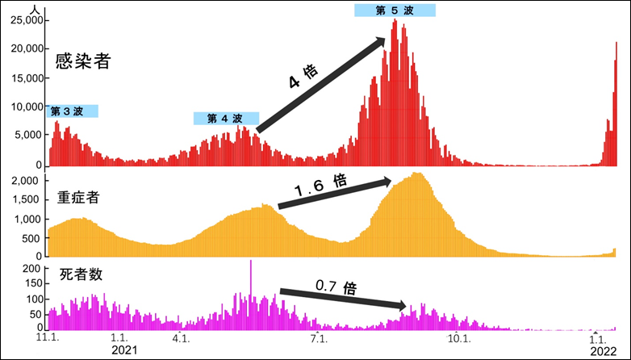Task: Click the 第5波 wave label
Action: [x=395, y=10]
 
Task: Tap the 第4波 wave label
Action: [x=226, y=119]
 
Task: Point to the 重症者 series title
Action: [x=78, y=198]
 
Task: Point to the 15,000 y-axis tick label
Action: [x=25, y=78]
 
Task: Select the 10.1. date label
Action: [x=458, y=338]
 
